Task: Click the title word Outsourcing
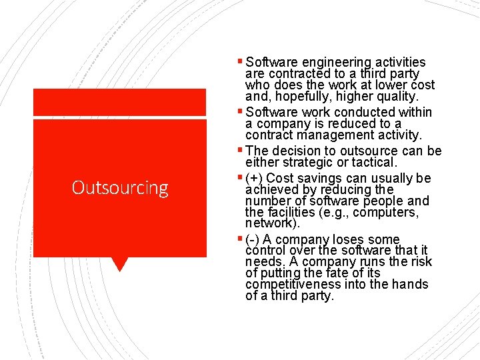120,188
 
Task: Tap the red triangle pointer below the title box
120,264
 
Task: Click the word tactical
373,162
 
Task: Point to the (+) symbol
254,179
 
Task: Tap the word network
269,223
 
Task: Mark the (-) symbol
253,239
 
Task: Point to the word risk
421,261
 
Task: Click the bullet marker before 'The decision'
240,150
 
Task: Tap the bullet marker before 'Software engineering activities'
240,61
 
